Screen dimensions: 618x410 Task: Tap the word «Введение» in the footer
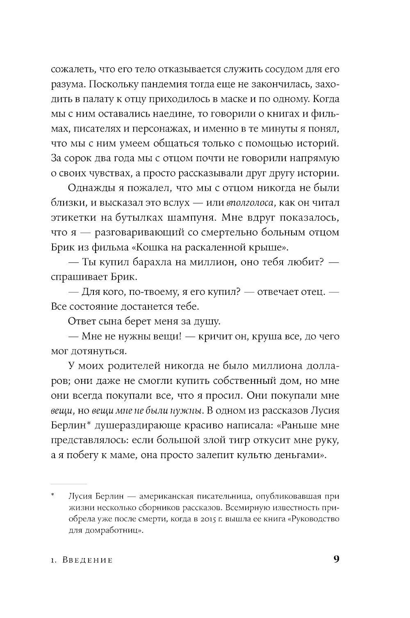[x=87, y=560]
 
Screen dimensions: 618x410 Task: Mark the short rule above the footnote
[x=68, y=484]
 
